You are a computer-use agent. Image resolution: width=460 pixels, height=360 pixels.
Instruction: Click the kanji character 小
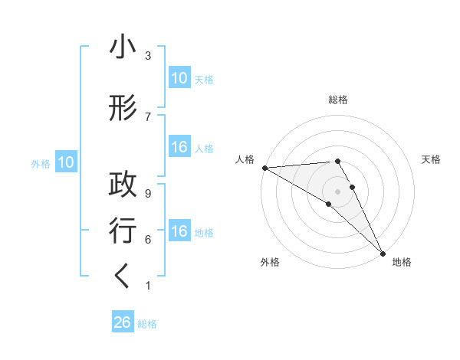(123, 48)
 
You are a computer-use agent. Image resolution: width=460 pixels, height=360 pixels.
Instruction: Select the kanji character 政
(123, 184)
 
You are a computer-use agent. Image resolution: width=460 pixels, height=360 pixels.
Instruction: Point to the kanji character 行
(123, 231)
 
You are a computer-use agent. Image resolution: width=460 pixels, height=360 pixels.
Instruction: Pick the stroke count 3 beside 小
(148, 56)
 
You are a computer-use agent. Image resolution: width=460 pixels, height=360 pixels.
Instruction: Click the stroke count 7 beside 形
(148, 116)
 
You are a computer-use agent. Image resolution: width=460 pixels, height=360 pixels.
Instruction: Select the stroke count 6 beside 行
(148, 239)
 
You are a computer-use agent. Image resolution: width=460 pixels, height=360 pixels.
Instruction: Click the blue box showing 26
(123, 322)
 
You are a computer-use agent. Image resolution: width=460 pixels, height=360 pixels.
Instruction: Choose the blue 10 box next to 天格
(179, 78)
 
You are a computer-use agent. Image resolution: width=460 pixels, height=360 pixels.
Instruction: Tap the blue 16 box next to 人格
(179, 147)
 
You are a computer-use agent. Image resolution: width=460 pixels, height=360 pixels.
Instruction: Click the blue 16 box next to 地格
(179, 231)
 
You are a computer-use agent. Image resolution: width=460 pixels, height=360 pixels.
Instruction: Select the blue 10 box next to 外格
(65, 162)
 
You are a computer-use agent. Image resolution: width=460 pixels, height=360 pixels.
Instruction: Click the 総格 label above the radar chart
(338, 100)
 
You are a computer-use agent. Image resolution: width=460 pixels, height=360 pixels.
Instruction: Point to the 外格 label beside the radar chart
(270, 262)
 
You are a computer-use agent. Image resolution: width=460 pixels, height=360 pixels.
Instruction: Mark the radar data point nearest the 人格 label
(264, 167)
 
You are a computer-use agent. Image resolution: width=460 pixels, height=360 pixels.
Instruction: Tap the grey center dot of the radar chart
(338, 190)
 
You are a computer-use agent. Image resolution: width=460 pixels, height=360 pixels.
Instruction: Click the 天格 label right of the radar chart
(431, 159)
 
